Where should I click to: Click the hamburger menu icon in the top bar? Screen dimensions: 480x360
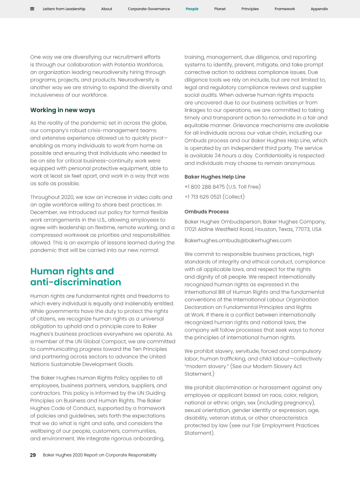[32, 9]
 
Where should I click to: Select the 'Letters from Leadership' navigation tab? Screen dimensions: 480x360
[64, 9]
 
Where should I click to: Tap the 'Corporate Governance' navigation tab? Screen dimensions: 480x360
[149, 9]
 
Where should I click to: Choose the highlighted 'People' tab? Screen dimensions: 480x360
[192, 9]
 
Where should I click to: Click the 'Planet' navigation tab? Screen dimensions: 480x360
[220, 9]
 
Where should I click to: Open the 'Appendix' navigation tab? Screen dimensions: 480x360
[319, 9]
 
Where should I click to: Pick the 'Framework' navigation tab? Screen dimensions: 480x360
[285, 9]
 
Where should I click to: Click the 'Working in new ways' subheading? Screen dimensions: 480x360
[63, 110]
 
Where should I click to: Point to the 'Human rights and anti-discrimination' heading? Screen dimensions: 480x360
[76, 276]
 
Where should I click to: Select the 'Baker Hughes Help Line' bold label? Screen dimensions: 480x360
[215, 177]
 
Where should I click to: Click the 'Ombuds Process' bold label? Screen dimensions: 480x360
[207, 212]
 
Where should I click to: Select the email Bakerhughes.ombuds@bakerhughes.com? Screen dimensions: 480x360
[238, 240]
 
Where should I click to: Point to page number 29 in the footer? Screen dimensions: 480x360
[33, 455]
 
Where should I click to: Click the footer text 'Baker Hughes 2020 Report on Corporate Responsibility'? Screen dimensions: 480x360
[99, 455]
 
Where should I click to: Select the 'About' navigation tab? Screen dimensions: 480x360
[107, 9]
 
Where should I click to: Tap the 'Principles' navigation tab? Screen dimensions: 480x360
[250, 9]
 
